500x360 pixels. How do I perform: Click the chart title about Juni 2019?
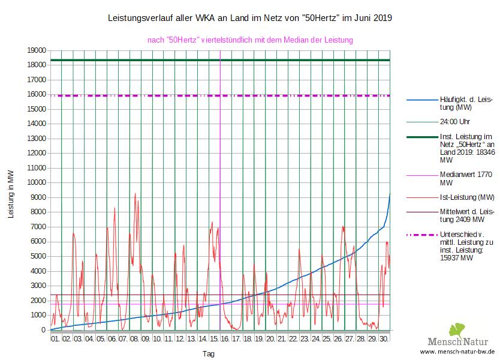[x=249, y=18]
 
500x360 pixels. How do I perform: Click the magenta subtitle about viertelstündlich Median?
[x=250, y=40]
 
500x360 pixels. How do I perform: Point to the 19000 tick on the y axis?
[x=37, y=50]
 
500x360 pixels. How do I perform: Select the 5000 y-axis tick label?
[x=39, y=256]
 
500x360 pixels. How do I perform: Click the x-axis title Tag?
[x=208, y=353]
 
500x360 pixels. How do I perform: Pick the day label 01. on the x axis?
[x=55, y=338]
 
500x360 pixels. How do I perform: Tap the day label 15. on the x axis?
[x=214, y=338]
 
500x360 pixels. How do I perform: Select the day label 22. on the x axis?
[x=293, y=338]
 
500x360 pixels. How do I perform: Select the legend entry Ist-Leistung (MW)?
[x=467, y=197]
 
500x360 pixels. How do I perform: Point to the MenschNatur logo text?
[x=465, y=341]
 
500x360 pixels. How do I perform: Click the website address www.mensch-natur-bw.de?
[x=457, y=352]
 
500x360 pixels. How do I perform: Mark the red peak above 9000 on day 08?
[x=135, y=193]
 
